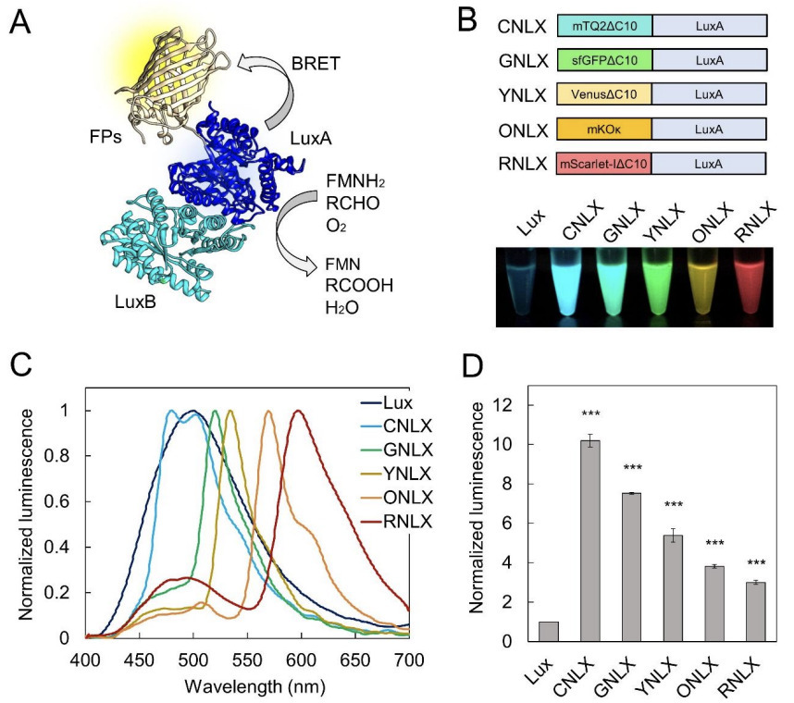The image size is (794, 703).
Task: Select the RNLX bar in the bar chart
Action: (x=758, y=611)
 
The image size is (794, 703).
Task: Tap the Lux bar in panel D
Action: (x=549, y=631)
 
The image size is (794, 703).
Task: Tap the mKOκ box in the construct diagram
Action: (x=604, y=127)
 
